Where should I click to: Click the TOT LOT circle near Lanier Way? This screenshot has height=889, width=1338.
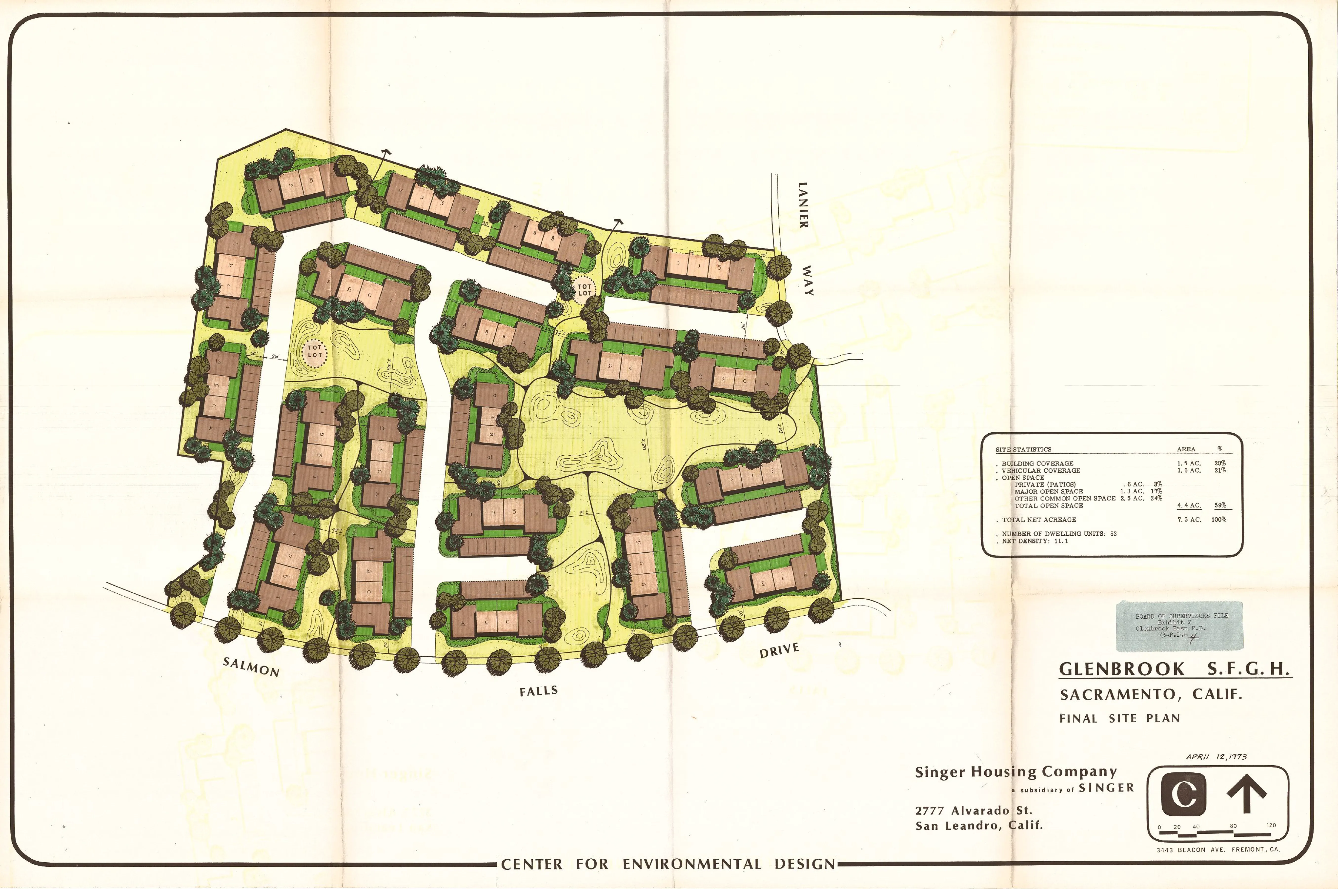click(x=584, y=290)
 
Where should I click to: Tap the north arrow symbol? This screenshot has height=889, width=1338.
click(x=1246, y=794)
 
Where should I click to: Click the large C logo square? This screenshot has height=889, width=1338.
click(x=1183, y=795)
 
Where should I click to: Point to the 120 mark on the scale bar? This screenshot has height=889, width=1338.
click(x=1271, y=825)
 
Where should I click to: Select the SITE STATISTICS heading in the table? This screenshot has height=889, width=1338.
click(x=1023, y=450)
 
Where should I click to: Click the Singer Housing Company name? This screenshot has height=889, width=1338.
click(x=1016, y=772)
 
